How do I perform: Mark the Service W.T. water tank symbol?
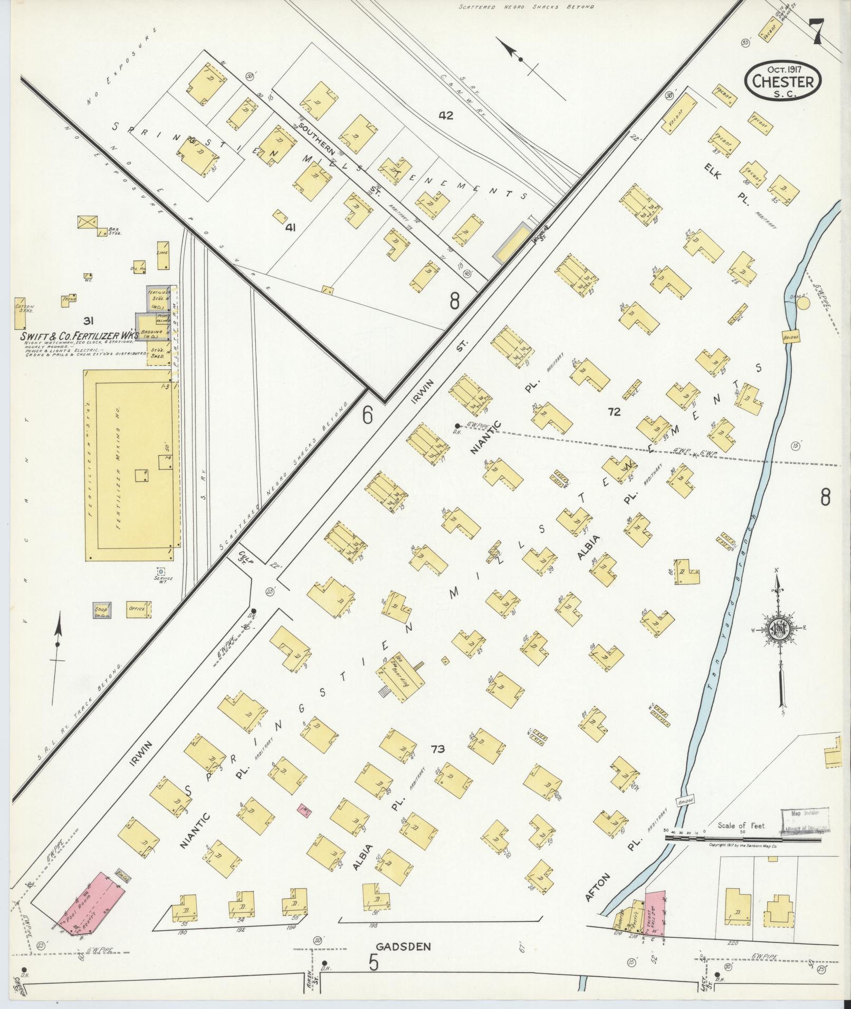coord(160,571)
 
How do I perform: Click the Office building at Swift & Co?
coord(137,609)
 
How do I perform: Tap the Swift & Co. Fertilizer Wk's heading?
coord(79,335)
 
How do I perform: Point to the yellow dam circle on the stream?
coord(802,303)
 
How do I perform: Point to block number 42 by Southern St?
coord(446,115)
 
